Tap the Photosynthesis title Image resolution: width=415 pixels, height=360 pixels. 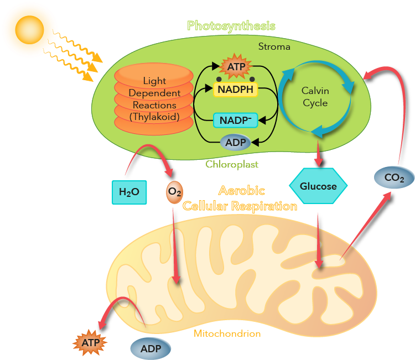(x=231, y=25)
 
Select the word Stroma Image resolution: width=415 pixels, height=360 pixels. (x=274, y=46)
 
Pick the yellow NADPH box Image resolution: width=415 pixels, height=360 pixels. (x=235, y=89)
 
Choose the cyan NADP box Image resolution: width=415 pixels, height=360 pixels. (x=236, y=120)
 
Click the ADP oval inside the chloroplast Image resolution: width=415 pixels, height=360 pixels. (x=236, y=142)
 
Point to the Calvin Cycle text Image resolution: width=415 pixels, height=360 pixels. (x=314, y=96)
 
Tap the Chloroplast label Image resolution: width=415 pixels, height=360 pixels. (x=232, y=164)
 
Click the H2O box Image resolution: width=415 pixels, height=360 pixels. (x=129, y=192)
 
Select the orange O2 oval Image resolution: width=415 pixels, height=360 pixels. (x=175, y=192)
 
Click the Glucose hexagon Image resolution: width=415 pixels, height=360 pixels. (x=318, y=186)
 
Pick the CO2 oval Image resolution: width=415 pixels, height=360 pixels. (x=393, y=178)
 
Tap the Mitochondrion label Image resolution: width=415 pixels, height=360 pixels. (x=227, y=333)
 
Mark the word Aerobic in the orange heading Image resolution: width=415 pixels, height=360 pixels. (x=241, y=191)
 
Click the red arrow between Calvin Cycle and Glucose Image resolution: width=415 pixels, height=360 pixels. (x=318, y=153)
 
